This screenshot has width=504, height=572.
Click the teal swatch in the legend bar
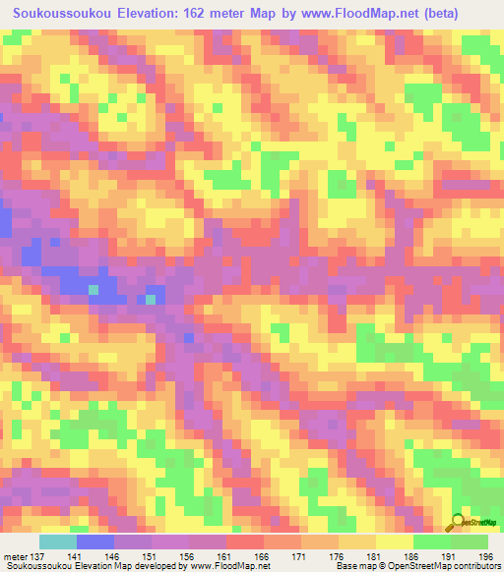click(x=58, y=543)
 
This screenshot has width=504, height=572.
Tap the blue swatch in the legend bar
click(x=95, y=543)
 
